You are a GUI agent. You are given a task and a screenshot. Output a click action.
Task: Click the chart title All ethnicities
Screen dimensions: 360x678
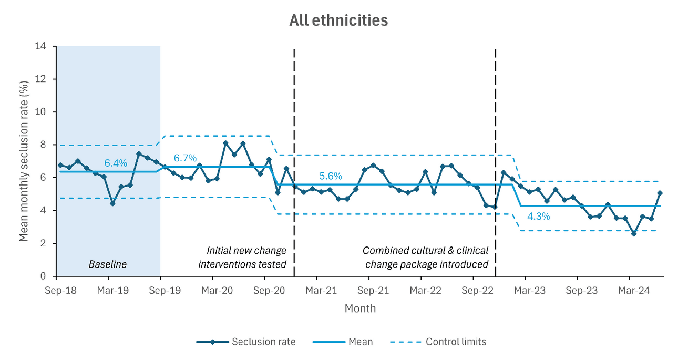[x=338, y=20]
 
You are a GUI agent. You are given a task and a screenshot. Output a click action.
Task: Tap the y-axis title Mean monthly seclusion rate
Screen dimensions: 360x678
[x=24, y=161]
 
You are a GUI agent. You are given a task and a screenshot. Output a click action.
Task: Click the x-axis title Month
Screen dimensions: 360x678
[x=360, y=308]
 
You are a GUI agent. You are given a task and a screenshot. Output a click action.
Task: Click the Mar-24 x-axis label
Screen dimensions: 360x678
[x=633, y=290]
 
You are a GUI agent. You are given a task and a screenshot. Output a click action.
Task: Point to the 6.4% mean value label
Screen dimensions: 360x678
[x=116, y=163]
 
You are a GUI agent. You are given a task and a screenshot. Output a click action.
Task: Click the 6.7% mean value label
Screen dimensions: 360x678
[x=185, y=158]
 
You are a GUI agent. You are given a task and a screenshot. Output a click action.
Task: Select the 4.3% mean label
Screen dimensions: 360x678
[x=538, y=215]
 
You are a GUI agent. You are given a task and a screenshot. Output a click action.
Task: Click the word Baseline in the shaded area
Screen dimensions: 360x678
[x=107, y=264]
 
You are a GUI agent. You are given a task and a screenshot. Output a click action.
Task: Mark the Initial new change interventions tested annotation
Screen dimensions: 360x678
[x=242, y=257]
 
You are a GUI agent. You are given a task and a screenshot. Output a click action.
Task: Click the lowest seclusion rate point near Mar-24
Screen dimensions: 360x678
[x=634, y=234]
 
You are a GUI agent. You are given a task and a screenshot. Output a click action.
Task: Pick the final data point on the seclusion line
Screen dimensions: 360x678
[x=660, y=193]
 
